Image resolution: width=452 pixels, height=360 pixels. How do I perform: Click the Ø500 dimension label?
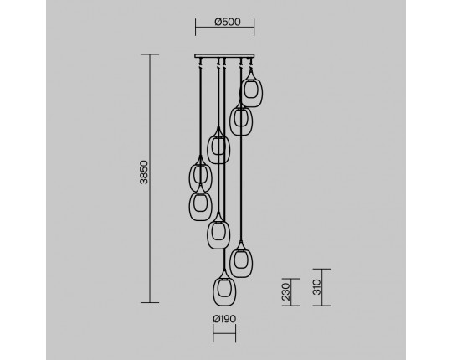click(x=228, y=22)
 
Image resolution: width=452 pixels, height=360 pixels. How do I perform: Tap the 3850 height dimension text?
click(x=144, y=172)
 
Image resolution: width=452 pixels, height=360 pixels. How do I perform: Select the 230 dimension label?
click(x=285, y=291)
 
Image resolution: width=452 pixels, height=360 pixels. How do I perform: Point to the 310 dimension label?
click(x=316, y=287)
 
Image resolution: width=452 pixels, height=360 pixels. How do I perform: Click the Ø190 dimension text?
click(x=224, y=319)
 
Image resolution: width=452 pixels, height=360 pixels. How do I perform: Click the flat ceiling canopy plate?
click(x=224, y=55)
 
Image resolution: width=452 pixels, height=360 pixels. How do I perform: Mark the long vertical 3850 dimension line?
click(x=150, y=178)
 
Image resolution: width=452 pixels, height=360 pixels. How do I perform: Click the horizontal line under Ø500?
click(x=224, y=28)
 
